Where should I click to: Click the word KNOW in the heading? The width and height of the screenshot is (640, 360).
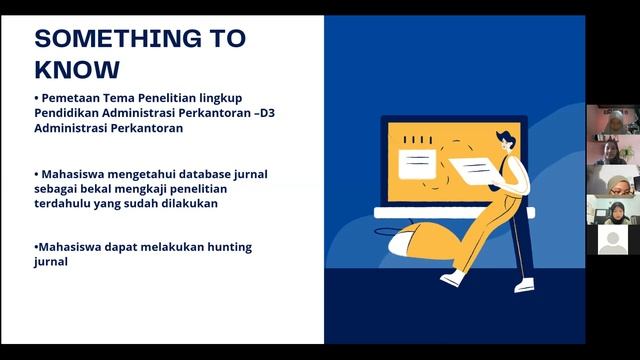pyautogui.click(x=76, y=69)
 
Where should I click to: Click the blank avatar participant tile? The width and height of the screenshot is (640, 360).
pyautogui.click(x=612, y=239)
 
